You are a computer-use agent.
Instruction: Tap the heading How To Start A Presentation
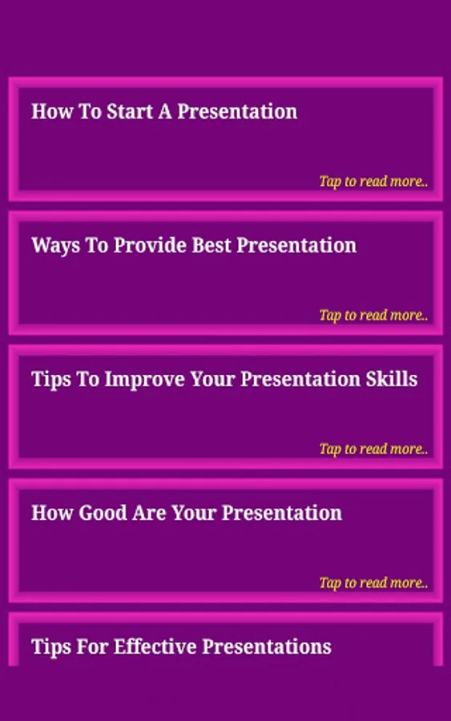click(164, 111)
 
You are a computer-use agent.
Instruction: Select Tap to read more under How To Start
click(373, 181)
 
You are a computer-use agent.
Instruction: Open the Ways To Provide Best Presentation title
click(194, 246)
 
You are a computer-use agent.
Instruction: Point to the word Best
click(211, 245)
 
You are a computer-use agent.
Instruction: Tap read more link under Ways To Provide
click(373, 315)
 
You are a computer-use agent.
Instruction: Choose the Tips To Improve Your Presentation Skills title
click(224, 380)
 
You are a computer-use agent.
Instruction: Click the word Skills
click(391, 379)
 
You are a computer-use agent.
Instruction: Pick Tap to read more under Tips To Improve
click(373, 449)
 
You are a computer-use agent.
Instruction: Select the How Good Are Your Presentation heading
click(187, 514)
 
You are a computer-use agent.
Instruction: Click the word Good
click(103, 514)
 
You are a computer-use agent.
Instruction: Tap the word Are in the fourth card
click(150, 514)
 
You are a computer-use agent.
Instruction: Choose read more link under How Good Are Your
click(373, 582)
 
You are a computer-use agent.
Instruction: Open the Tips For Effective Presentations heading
click(181, 647)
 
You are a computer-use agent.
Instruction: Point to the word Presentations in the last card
click(267, 647)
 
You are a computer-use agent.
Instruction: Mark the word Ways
click(55, 246)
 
